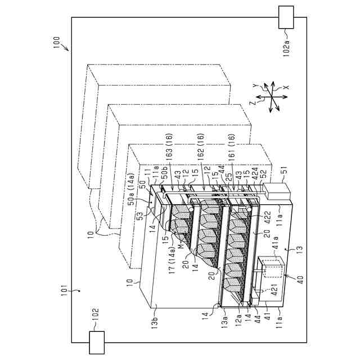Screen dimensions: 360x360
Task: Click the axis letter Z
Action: tap(254, 103)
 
